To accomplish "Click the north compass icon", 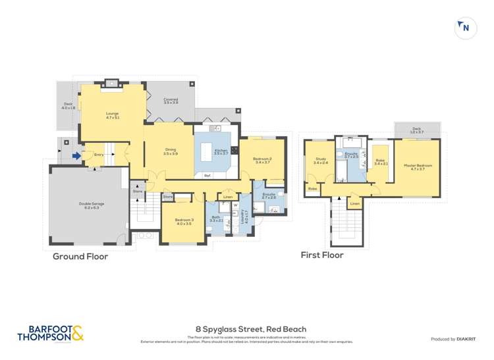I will click(x=466, y=28).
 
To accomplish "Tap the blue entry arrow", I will click(x=76, y=156).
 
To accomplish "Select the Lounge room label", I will click(x=113, y=115).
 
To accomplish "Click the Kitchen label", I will click(x=221, y=151).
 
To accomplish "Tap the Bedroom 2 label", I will click(x=262, y=160).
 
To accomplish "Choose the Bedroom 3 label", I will click(x=184, y=222).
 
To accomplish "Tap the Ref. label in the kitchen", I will click(x=207, y=175).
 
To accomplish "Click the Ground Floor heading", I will click(x=80, y=257).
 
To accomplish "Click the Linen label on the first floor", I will click(x=355, y=204).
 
